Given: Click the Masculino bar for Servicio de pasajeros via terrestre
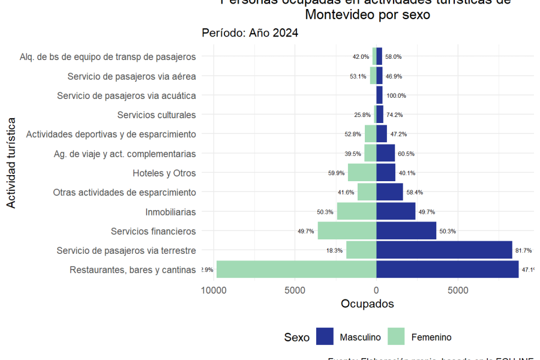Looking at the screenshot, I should (x=444, y=250).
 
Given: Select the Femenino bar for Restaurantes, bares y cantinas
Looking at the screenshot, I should (x=296, y=269).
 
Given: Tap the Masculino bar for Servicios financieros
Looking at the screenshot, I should (x=406, y=231).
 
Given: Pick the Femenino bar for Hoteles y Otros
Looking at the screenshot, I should (x=362, y=173).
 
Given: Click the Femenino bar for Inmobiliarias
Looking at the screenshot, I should (x=356, y=211).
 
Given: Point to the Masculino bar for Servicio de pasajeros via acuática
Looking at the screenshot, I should (x=379, y=95).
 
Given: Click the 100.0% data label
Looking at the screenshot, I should (x=396, y=95).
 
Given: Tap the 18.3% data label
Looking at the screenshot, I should (x=334, y=250).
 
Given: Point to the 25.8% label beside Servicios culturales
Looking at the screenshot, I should (x=362, y=115).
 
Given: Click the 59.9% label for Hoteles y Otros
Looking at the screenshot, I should (x=336, y=173).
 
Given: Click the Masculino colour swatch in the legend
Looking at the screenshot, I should (x=325, y=337).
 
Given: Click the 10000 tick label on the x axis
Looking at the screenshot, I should (x=212, y=290).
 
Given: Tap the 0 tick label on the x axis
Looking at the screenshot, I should (x=376, y=290).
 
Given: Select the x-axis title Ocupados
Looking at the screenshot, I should (x=367, y=304).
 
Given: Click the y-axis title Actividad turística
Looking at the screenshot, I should (x=11, y=163).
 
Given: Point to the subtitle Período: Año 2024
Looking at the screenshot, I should (x=250, y=33).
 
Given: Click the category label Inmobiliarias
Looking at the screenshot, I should (x=170, y=212).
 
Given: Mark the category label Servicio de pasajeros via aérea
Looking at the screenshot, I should (x=131, y=76).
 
